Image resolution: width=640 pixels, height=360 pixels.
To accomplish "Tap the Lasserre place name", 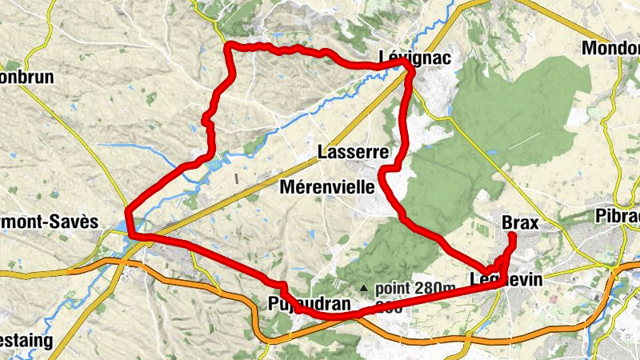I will click(x=353, y=152).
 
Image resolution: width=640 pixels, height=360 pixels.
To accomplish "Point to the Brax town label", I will click(x=519, y=222).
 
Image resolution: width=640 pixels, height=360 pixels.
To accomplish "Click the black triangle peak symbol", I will click(x=364, y=288).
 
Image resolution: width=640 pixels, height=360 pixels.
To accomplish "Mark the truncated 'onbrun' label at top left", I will click(x=28, y=78).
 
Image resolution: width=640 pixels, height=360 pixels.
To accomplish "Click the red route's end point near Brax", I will click(x=511, y=235).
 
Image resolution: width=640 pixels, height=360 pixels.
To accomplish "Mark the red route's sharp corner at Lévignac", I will click(x=413, y=70).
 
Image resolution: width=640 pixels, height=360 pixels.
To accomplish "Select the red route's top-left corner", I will click(x=230, y=46).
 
